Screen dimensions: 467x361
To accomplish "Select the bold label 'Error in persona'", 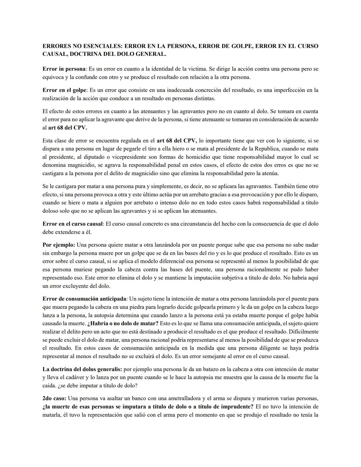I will tap(64, 69).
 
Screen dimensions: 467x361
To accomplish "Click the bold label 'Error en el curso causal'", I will tap(73, 224).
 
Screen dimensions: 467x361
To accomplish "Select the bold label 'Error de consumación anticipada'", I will tap(85, 299).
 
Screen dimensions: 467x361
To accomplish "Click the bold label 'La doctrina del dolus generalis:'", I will tap(82, 369).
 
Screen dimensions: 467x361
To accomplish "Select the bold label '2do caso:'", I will tap(54, 399).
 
